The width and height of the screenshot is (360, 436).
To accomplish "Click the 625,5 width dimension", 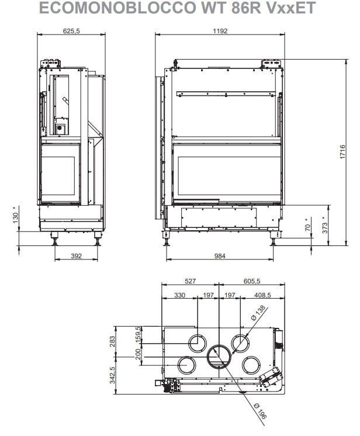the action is click(x=71, y=30).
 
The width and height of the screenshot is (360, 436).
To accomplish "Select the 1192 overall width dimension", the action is click(x=220, y=30).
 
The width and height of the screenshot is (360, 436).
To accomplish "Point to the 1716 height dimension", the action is click(x=342, y=152).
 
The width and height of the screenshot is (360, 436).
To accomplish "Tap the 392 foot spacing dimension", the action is click(x=76, y=256).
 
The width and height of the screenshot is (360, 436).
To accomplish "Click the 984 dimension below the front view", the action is click(x=220, y=256).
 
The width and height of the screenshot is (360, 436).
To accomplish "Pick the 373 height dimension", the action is click(x=325, y=225).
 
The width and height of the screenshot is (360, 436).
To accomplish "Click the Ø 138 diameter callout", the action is click(x=258, y=313).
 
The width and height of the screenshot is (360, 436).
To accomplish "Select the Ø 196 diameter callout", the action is click(x=260, y=411).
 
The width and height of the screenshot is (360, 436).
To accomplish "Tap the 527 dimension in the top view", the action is click(x=190, y=281).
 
